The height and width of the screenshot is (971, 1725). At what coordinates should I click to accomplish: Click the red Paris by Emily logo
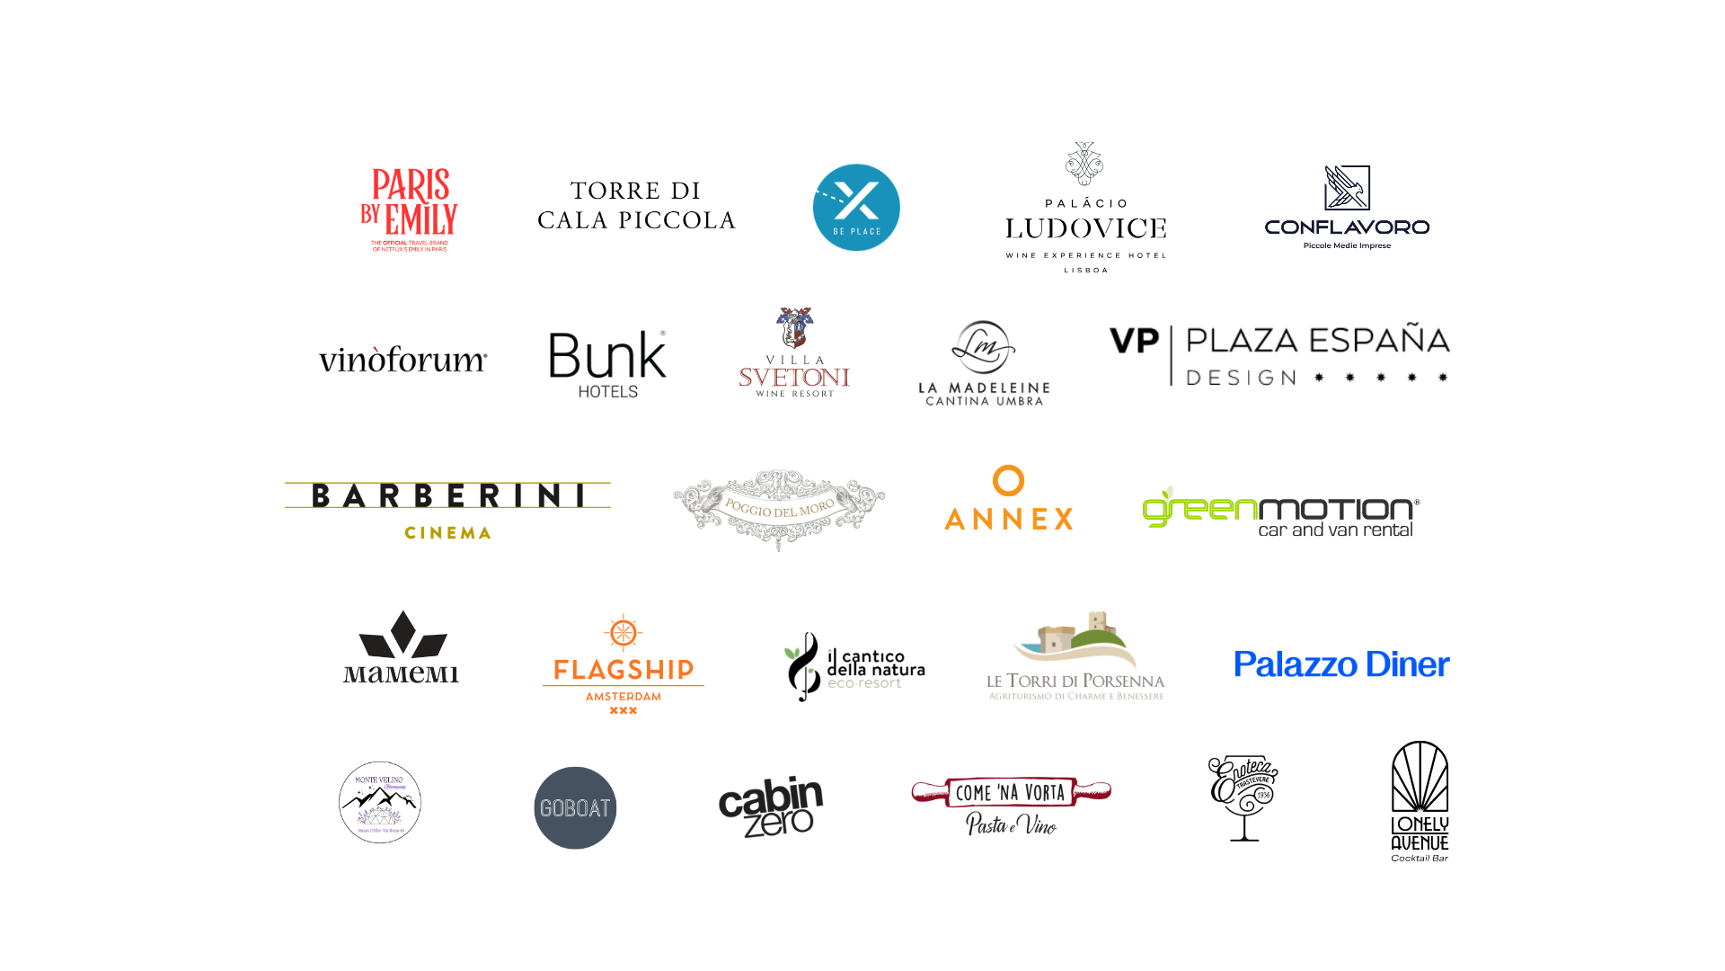tap(410, 212)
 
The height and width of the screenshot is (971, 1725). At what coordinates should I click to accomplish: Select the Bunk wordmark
tap(607, 356)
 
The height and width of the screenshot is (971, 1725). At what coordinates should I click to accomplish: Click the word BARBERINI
tap(447, 495)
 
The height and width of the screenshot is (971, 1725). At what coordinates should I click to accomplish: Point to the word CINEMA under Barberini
tap(447, 535)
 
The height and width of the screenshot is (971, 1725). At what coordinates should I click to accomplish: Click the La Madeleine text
tap(984, 388)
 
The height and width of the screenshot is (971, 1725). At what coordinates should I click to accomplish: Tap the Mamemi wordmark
tap(401, 674)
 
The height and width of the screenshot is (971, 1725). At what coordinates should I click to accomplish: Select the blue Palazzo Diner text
tap(1342, 667)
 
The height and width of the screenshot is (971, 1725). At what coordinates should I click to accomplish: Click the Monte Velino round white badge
tap(380, 802)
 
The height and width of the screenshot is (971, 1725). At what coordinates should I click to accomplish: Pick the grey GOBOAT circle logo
tap(574, 808)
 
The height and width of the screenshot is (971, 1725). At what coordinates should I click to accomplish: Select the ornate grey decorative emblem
tap(778, 505)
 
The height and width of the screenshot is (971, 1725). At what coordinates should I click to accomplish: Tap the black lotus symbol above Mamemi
tap(402, 637)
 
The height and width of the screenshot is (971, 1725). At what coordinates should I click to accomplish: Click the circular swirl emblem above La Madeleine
tap(980, 345)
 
